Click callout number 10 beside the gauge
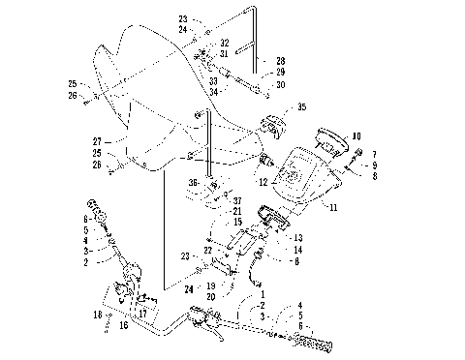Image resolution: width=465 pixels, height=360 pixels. click(356, 136)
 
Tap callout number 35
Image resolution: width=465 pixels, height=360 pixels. click(301, 106)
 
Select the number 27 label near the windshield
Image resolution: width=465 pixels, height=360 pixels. click(96, 140)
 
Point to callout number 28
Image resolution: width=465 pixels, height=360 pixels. click(280, 60)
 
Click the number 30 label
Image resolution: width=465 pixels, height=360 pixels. click(280, 84)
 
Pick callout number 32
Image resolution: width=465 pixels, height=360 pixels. click(224, 44)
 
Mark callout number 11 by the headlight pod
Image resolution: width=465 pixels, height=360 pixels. click(334, 205)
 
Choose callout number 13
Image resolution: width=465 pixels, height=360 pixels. click(298, 238)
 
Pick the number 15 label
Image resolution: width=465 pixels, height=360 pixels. click(235, 222)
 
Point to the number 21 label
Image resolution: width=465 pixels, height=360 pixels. click(236, 211)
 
